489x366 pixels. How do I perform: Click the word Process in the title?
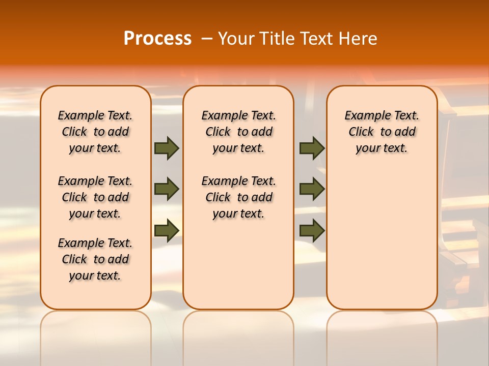tap(157, 39)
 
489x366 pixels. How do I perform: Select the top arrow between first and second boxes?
tap(167, 148)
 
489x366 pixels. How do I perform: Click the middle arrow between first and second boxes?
tap(167, 189)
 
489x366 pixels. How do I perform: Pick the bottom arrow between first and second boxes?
tap(167, 230)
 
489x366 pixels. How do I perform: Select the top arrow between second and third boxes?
tap(312, 148)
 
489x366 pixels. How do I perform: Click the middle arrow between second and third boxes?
tap(312, 189)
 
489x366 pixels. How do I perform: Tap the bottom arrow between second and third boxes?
tap(312, 230)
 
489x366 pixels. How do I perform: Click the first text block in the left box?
tap(95, 132)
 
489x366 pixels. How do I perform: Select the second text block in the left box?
tap(95, 197)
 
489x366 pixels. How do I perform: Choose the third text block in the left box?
tap(95, 259)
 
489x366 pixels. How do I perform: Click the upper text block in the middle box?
tap(238, 132)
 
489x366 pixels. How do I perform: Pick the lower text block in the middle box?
tap(238, 197)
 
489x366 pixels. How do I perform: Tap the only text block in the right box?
tap(382, 132)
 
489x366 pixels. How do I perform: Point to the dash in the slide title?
tap(207, 39)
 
